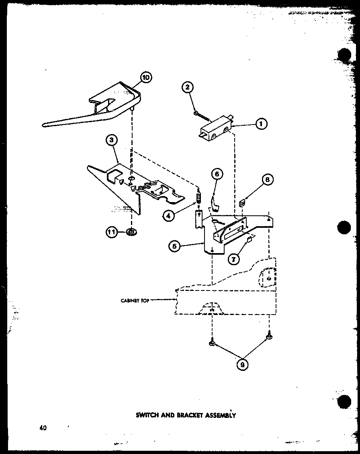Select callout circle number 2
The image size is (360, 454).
click(x=187, y=87)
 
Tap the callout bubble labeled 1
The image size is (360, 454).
click(x=260, y=124)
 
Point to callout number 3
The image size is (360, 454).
click(x=112, y=140)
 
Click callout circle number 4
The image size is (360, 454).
click(x=169, y=216)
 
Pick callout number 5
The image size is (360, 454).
click(x=217, y=174)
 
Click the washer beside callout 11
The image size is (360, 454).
click(x=131, y=232)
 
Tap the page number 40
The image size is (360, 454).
click(x=43, y=427)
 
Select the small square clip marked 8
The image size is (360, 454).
click(x=243, y=203)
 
